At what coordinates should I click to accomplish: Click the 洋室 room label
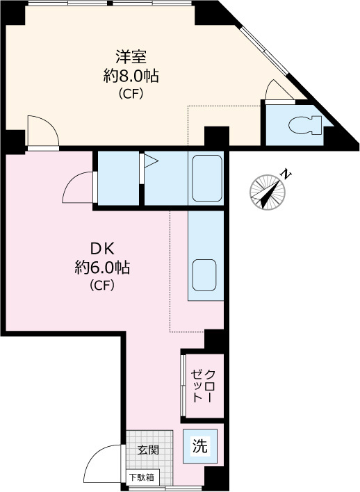pos(131,57)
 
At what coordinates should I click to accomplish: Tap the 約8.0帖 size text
pos(131,76)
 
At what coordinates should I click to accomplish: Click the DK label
pos(102,249)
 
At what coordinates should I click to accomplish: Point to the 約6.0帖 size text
pos(102,268)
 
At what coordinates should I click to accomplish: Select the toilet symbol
pos(305,125)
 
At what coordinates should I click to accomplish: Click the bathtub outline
pos(207,178)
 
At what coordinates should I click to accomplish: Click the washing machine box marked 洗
pos(200,446)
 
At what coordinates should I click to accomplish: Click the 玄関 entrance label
pos(148,450)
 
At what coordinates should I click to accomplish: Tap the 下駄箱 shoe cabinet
pos(142,477)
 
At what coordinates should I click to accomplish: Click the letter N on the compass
pos(286,174)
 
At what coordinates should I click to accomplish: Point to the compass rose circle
pos(268,192)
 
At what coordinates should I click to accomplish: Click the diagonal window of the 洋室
pos(264,51)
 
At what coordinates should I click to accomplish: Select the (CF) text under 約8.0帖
pos(131,94)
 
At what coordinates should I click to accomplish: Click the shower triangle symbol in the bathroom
pos(150,161)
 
